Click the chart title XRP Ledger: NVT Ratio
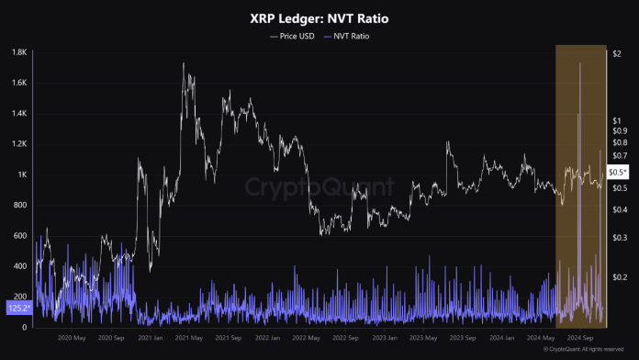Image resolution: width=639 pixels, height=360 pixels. [x=319, y=18]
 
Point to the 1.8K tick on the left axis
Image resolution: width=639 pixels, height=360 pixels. [x=17, y=52]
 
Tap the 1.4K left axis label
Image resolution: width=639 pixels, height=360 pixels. [x=17, y=113]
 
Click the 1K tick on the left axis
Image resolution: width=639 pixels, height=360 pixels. [x=21, y=174]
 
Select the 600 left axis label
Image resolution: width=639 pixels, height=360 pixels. [x=19, y=236]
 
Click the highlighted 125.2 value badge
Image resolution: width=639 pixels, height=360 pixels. [x=17, y=309]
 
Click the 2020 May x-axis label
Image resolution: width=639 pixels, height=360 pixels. [x=71, y=337]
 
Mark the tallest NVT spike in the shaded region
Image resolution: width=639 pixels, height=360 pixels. [x=579, y=115]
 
